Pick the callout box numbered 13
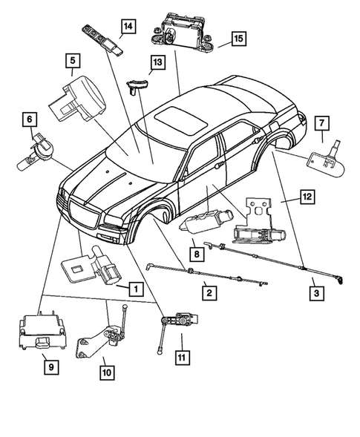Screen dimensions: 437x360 point(157,64)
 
